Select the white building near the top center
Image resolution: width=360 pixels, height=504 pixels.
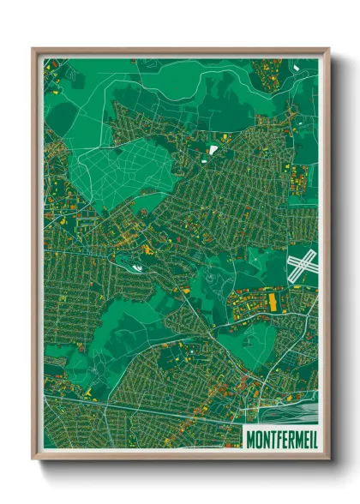[x=213, y=150]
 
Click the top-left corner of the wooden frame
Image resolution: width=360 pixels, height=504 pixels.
[x=33, y=49]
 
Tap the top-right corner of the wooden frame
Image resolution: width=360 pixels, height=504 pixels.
[x=328, y=49]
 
